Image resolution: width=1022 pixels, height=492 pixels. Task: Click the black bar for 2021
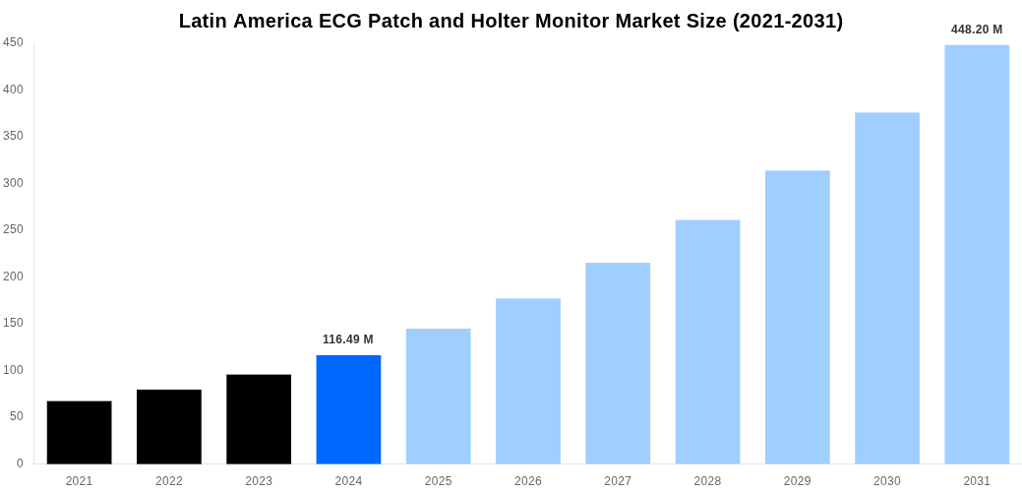[79, 432]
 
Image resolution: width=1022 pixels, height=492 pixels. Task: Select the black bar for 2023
[259, 419]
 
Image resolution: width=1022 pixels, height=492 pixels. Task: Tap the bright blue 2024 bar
[348, 409]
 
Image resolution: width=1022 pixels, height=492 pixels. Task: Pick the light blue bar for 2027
[618, 363]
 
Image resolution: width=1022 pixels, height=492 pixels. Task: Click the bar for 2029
[797, 317]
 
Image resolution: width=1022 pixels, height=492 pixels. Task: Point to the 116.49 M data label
[348, 339]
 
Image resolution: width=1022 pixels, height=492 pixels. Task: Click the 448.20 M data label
[977, 30]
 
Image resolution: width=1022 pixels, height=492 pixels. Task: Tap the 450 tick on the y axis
[13, 42]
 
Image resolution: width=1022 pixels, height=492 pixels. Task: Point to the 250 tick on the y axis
[13, 229]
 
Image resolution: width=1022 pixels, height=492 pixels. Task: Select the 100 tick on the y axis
[13, 370]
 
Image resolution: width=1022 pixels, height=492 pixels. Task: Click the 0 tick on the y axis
[19, 463]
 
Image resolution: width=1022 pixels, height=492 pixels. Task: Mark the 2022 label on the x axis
[169, 481]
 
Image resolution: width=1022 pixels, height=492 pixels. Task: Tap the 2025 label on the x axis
[438, 481]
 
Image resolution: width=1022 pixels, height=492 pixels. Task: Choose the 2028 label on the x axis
[707, 481]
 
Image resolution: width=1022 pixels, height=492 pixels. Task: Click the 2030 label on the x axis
[886, 481]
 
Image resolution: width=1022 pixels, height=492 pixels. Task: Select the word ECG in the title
[340, 21]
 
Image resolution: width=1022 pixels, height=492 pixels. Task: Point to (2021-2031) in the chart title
[787, 21]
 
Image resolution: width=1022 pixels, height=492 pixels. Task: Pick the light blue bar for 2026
[528, 381]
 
